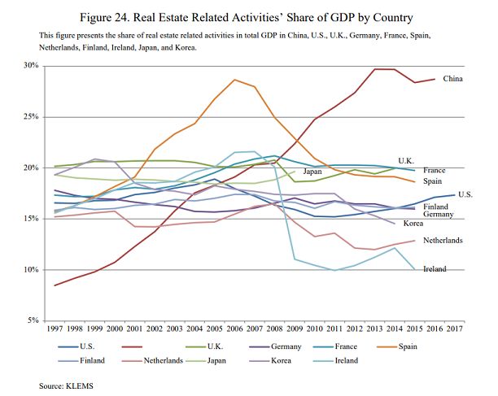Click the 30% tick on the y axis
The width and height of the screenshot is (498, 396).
tap(30, 65)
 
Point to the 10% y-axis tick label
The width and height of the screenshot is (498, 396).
tap(30, 270)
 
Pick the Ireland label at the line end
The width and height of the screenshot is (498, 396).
tap(435, 268)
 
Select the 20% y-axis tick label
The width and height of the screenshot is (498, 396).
tap(30, 168)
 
